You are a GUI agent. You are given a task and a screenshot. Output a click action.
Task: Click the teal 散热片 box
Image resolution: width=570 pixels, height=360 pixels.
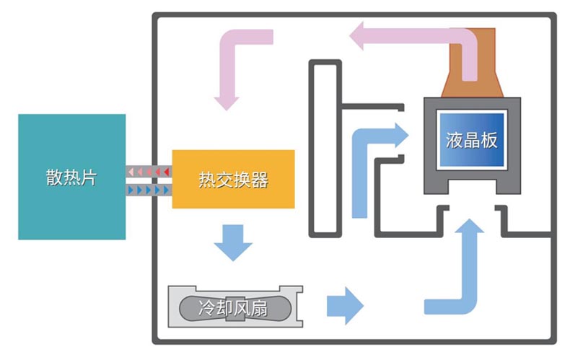point(72,177)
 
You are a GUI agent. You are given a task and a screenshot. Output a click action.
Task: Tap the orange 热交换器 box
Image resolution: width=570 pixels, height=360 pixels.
point(233,179)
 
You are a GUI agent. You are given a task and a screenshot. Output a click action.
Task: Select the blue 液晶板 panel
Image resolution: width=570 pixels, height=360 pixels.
point(471,140)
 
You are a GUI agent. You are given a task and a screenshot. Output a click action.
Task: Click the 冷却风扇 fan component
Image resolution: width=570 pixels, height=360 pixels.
point(235,307)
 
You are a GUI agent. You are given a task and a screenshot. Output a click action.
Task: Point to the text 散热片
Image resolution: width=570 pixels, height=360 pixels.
point(71,177)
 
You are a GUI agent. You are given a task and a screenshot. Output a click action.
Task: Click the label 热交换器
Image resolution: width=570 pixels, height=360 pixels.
point(233,179)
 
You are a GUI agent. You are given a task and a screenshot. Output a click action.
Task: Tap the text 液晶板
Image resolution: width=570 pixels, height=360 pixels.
point(471,140)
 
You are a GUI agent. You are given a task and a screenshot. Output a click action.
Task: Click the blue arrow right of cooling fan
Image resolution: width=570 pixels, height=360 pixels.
point(345,306)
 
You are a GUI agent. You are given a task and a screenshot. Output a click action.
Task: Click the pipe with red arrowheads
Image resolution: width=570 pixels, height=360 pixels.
point(149,171)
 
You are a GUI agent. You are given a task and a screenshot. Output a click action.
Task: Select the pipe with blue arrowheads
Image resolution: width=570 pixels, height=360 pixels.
point(149,190)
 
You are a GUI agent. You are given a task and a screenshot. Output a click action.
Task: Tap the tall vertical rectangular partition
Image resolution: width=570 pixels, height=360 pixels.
point(325,149)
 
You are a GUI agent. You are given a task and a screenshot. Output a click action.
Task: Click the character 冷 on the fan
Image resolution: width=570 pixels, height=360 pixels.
point(207,307)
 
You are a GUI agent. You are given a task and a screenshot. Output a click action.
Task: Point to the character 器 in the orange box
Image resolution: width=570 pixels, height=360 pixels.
point(260,180)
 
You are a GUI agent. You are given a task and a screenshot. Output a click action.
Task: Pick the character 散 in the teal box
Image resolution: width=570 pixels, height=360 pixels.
point(54,177)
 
